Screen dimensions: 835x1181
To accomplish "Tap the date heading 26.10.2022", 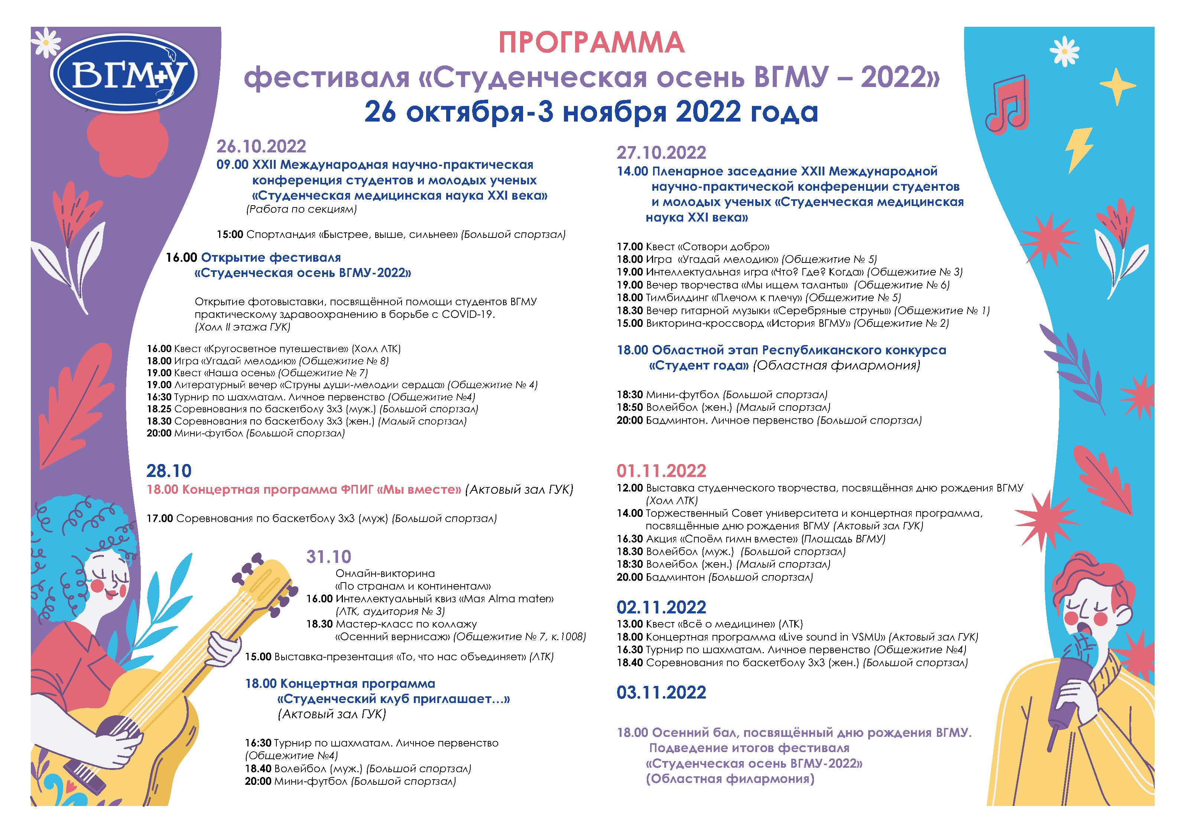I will pos(261,147).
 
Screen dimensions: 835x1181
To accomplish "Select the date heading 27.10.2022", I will pos(662,153).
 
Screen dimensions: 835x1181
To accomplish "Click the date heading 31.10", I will pos(329,557).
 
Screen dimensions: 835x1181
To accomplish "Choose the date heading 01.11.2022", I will pos(662,471).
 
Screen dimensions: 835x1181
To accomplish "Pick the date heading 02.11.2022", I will pos(662,607).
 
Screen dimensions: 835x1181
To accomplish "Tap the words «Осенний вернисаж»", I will pos(393,637).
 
